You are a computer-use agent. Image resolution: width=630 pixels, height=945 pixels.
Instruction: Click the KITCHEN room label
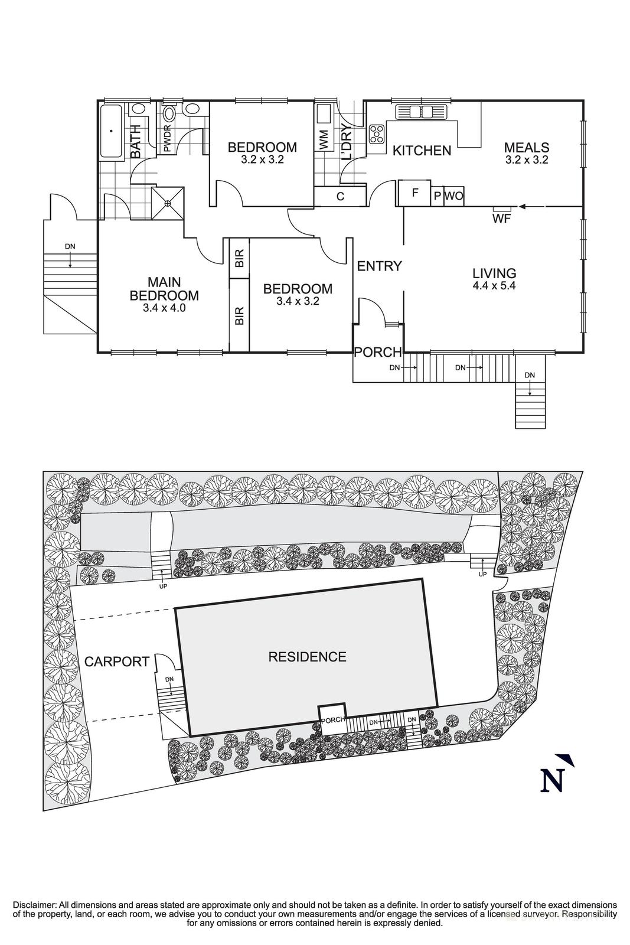422,151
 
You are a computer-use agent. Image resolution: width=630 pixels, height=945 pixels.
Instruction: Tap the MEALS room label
527,148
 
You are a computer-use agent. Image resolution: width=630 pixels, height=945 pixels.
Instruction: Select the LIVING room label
494,273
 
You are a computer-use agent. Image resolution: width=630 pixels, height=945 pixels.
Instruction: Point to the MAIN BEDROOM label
164,289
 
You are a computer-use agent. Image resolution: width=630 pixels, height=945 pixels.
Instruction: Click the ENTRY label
379,266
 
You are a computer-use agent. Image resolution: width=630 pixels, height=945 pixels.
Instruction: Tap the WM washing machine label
324,140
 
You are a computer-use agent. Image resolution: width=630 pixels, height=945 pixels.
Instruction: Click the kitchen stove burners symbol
376,135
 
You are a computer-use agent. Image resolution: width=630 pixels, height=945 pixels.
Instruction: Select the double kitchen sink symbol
422,112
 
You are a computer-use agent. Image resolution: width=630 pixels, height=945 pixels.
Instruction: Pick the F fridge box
414,193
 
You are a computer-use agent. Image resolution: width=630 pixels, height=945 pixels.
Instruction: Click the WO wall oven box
453,196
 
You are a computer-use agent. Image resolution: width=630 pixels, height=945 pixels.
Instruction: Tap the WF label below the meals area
501,219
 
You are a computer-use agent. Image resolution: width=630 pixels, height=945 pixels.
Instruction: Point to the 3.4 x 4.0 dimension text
164,308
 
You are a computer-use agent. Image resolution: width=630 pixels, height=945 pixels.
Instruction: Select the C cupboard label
341,197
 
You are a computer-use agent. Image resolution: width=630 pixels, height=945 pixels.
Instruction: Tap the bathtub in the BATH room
110,132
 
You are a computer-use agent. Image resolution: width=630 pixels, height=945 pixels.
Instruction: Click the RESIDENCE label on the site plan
307,657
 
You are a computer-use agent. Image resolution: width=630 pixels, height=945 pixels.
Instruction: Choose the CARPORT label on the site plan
116,661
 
